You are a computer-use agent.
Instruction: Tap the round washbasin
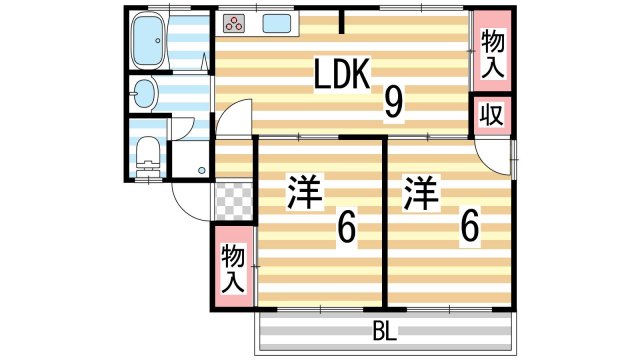pos(144,95)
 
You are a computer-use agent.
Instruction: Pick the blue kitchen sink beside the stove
pos(276,24)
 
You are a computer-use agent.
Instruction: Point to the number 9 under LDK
pos(393,100)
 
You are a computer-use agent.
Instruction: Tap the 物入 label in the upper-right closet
pos(492,55)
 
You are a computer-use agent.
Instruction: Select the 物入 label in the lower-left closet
pos(233,268)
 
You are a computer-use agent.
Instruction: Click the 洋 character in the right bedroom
pos(422,192)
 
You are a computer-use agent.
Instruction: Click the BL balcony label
pos(384,330)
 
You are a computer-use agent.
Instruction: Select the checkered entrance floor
pos(232,202)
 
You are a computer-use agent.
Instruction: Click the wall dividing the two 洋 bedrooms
pos(384,225)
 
